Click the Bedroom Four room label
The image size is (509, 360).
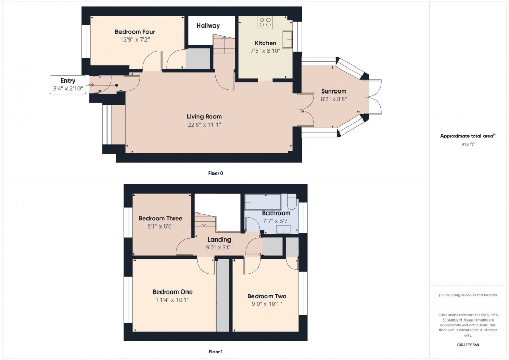pos(135,32)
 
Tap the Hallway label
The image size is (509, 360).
pos(208,25)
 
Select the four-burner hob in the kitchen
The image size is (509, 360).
pos(265,22)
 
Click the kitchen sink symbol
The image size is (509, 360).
pos(286,37)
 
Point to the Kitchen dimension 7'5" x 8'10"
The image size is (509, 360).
pos(265,51)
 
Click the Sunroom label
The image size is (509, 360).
pos(333,91)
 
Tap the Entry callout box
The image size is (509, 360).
pos(68,84)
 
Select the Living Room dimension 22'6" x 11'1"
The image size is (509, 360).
pos(208,124)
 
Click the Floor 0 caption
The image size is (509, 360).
pos(216,173)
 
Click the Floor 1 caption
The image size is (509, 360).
pos(216,352)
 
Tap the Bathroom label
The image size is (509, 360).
pos(276,213)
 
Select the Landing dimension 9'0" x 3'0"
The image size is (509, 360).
pos(219,247)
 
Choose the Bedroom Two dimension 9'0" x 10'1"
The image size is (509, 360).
pos(266,304)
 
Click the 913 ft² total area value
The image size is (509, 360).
pos(468,144)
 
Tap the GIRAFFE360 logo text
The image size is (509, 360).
pos(468,344)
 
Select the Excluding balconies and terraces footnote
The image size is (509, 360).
pos(468,295)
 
